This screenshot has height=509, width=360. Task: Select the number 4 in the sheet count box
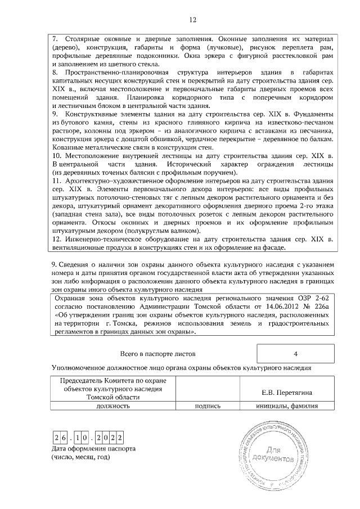click(x=295, y=354)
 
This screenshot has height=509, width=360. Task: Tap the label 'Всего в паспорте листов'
click(x=157, y=354)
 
